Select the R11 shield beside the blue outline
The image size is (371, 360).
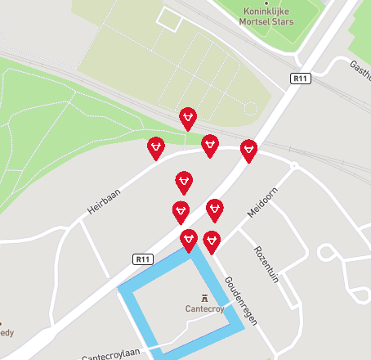[x=143, y=259]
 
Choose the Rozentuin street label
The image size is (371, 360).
[x=266, y=264]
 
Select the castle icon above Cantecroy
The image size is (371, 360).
[x=203, y=296]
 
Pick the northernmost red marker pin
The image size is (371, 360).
[x=189, y=118]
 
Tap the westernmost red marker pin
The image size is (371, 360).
[x=155, y=147]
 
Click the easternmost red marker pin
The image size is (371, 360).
[x=248, y=150]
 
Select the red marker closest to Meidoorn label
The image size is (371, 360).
[x=215, y=209]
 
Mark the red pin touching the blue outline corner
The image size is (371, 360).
[x=189, y=239]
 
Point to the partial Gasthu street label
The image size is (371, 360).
[x=360, y=65]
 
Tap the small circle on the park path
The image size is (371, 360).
[x=250, y=108]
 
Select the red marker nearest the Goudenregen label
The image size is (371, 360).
[x=212, y=241]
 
